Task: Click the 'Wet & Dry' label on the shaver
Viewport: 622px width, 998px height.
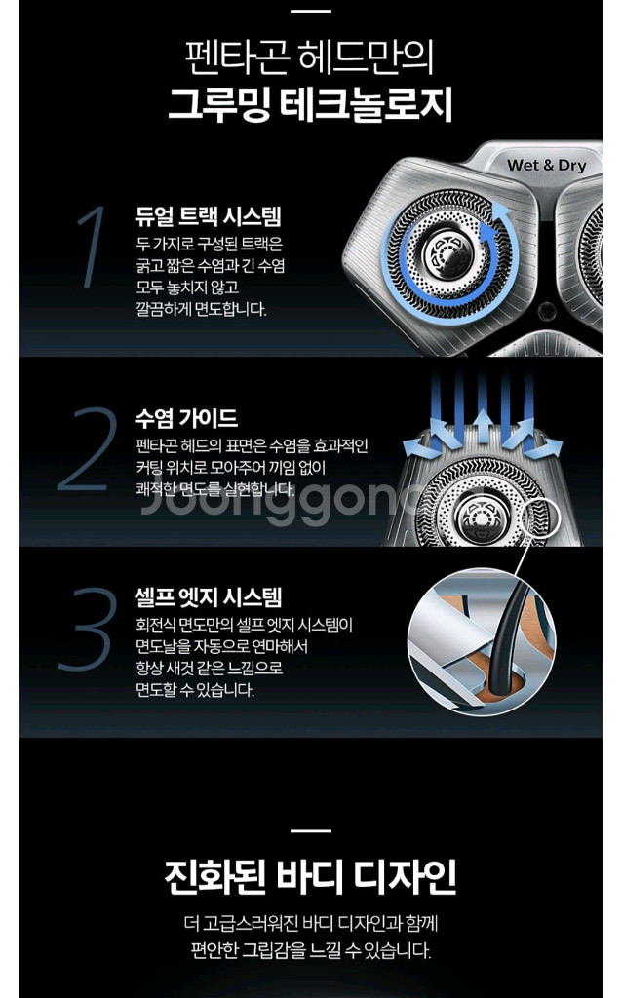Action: [547, 166]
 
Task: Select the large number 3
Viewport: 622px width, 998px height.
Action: [88, 629]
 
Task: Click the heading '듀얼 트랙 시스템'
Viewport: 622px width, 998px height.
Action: [208, 216]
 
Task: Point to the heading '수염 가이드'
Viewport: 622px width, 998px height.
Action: [186, 418]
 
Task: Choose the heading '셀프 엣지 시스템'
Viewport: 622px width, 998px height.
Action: [209, 597]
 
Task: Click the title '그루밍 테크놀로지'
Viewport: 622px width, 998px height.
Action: [311, 103]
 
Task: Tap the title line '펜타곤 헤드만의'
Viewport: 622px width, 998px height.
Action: [310, 57]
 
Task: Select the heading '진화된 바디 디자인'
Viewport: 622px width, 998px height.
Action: [311, 876]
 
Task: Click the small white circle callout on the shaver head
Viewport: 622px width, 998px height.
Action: [540, 517]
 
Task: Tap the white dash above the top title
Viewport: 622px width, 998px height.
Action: [311, 11]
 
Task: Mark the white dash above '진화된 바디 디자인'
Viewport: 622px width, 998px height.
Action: [311, 830]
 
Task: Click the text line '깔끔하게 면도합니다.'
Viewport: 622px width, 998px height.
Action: [201, 309]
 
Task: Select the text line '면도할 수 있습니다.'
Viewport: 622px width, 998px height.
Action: [195, 690]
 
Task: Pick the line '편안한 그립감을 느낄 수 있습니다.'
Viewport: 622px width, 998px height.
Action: [311, 951]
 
